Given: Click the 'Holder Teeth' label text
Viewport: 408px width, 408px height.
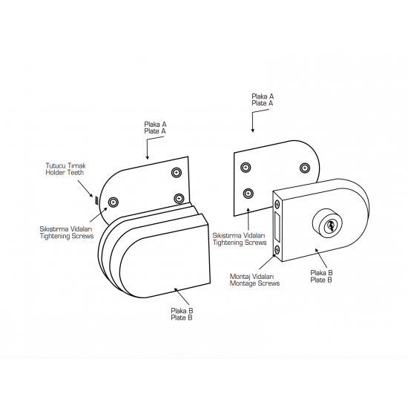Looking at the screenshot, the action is tap(65, 173).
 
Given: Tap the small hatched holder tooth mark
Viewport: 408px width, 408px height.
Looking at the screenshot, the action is tap(96, 200).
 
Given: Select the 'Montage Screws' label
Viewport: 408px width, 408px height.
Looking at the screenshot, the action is tap(254, 283).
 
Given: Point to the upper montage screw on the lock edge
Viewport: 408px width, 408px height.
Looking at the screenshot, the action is tap(277, 204).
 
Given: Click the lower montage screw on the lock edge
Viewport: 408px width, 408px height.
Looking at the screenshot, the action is tap(277, 250).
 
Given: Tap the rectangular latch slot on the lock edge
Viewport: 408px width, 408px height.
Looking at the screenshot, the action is tap(277, 227).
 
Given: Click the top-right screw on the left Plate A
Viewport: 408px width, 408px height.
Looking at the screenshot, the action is tap(177, 173).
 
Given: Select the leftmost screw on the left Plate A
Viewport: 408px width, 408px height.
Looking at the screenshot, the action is tap(113, 202).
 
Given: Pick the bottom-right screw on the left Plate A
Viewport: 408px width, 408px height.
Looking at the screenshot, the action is tap(179, 199).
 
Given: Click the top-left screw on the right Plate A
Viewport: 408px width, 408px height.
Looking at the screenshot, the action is tap(246, 168).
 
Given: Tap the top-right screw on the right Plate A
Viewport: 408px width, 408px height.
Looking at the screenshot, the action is tap(305, 168).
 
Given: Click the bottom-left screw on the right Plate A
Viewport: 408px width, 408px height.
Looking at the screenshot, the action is tap(249, 194).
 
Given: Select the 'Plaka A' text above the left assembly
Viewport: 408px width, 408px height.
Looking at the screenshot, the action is tap(155, 124).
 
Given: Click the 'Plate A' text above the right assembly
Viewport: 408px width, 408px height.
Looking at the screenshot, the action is tap(263, 103).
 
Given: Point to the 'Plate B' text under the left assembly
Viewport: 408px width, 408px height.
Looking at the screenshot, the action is tap(182, 317).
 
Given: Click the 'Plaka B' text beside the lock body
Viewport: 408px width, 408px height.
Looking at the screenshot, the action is tap(321, 273).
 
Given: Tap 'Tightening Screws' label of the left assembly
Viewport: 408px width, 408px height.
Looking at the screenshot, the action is tap(67, 236).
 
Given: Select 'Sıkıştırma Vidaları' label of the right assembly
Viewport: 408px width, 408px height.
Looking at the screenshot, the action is tap(239, 236).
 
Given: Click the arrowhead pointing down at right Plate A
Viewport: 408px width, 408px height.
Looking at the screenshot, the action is tap(252, 131).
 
